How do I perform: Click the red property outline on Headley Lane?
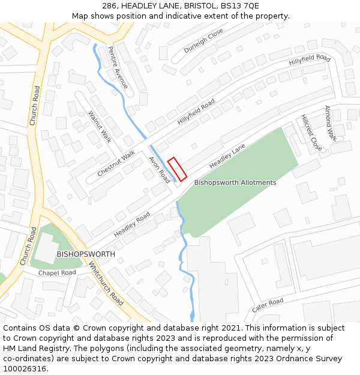pos(177,169)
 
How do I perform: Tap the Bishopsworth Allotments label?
pos(235,182)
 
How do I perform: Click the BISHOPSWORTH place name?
pos(86,254)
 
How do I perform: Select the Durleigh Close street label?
pos(203,41)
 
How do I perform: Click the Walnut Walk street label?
pos(100,127)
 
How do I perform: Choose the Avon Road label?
pos(160,170)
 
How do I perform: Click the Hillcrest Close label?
pos(311,133)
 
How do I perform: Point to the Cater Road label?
pos(267,305)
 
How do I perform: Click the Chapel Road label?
pos(57,273)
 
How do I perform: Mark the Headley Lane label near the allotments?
pos(227,156)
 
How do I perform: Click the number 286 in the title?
pos(109,5)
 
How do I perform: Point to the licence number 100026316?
pos(26,369)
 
